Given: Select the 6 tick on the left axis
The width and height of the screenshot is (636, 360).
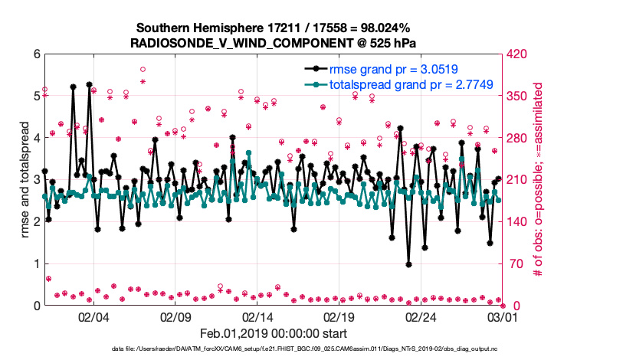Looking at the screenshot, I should (36, 54).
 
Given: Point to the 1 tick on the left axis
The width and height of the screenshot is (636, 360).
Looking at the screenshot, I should (36, 263).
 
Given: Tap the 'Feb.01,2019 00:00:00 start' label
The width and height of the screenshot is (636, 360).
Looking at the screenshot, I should (274, 333).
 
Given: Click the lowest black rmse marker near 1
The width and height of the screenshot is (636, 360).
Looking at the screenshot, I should (409, 264).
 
